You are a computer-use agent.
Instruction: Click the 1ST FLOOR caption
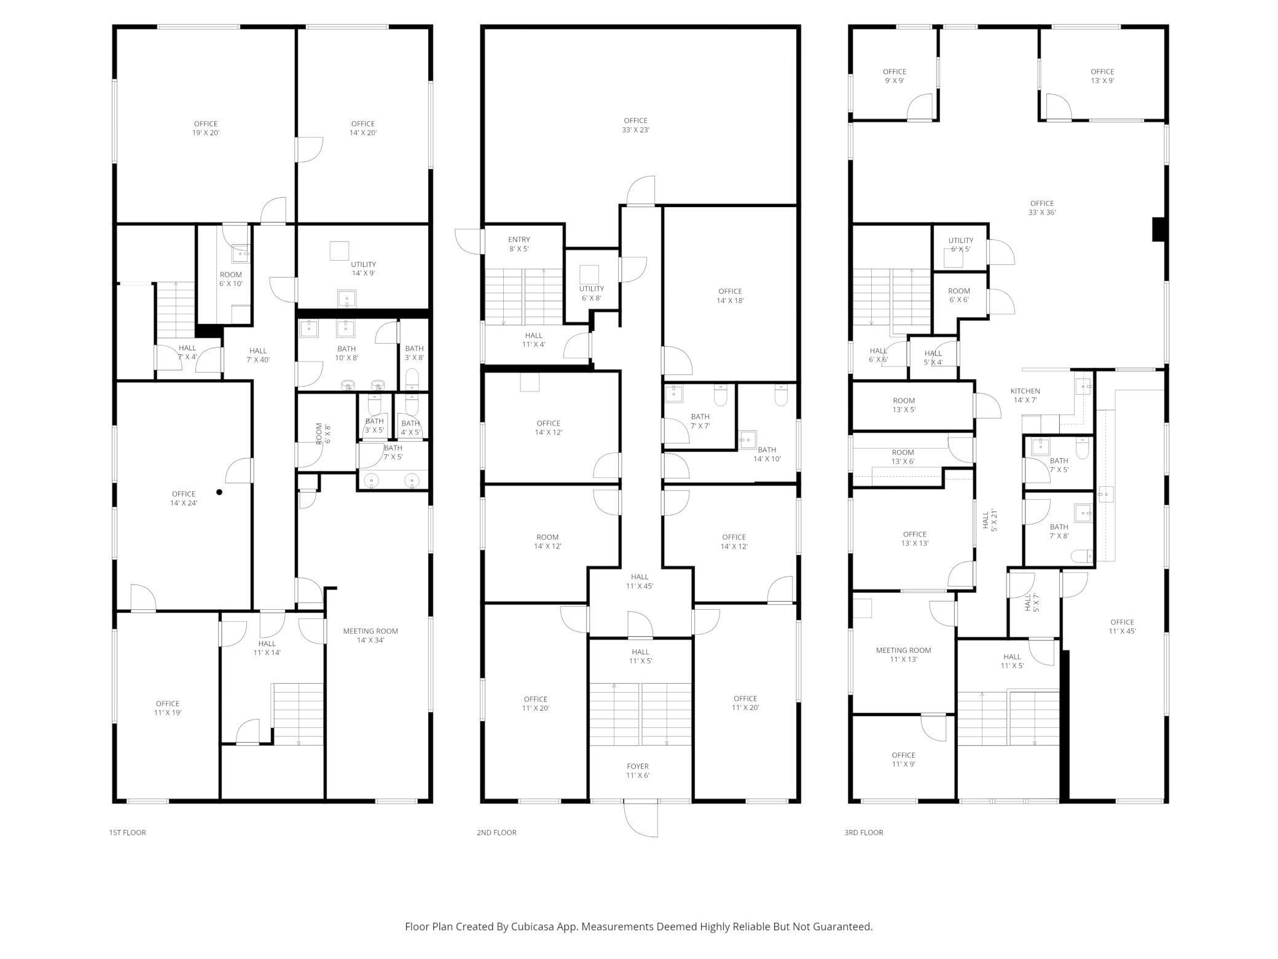(127, 832)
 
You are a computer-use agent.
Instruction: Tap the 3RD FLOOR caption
(863, 832)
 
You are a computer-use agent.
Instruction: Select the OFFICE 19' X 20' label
(206, 128)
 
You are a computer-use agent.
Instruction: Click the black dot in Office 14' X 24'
(219, 492)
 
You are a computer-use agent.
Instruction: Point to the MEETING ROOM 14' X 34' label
(370, 635)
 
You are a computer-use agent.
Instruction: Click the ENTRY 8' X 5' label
(519, 244)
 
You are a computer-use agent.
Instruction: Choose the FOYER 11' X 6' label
(638, 770)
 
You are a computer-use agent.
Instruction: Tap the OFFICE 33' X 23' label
(635, 125)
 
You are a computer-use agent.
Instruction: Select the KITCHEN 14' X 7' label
(1025, 395)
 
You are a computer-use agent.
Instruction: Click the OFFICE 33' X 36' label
(1041, 208)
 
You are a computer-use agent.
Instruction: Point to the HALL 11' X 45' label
(640, 581)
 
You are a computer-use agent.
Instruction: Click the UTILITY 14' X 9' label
(363, 269)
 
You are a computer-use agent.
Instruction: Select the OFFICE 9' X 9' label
(895, 76)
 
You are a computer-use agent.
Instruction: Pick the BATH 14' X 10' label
(767, 454)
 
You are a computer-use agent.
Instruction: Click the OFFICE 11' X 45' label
(1122, 626)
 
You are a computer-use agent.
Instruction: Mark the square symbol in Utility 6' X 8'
(589, 274)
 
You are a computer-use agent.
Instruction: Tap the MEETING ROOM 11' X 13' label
(903, 654)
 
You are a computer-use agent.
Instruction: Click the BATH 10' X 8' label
(347, 353)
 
